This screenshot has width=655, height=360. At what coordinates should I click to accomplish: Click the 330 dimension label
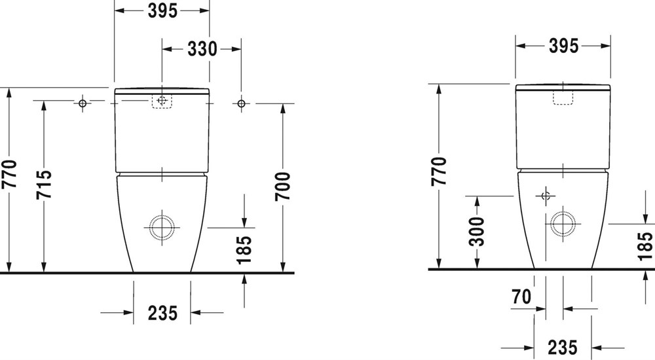pyautogui.click(x=202, y=49)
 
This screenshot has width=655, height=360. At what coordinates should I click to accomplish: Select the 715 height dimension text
pyautogui.click(x=44, y=184)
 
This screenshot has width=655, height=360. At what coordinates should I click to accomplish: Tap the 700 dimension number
pyautogui.click(x=283, y=187)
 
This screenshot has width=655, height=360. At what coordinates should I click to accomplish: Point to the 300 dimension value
pyautogui.click(x=477, y=231)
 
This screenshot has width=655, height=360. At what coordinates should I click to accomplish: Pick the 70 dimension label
pyautogui.click(x=522, y=297)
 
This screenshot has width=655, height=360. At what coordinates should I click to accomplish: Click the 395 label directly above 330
pyautogui.click(x=162, y=11)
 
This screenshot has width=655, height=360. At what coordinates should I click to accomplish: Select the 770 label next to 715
pyautogui.click(x=9, y=173)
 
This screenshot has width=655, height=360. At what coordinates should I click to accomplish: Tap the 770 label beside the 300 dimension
pyautogui.click(x=440, y=171)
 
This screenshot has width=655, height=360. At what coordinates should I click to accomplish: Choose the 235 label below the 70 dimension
pyautogui.click(x=562, y=348)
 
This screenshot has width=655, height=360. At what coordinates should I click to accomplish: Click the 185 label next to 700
pyautogui.click(x=244, y=250)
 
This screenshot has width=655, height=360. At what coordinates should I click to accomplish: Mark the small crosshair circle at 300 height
pyautogui.click(x=546, y=196)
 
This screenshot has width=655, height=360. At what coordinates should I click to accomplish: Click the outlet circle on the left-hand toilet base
pyautogui.click(x=162, y=228)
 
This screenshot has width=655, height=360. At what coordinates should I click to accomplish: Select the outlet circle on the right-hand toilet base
pyautogui.click(x=563, y=224)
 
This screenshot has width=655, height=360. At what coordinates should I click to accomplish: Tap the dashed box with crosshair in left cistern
pyautogui.click(x=162, y=101)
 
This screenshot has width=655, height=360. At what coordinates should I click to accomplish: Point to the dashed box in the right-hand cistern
pyautogui.click(x=563, y=98)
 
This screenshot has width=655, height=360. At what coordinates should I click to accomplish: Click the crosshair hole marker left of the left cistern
pyautogui.click(x=83, y=103)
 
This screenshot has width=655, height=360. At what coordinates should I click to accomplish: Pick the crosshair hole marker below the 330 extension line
pyautogui.click(x=241, y=103)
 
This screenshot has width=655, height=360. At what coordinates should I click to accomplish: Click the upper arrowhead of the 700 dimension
pyautogui.click(x=283, y=108)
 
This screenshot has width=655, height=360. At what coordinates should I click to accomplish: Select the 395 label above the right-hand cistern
pyautogui.click(x=563, y=46)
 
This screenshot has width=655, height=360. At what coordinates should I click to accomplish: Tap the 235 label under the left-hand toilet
pyautogui.click(x=162, y=313)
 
